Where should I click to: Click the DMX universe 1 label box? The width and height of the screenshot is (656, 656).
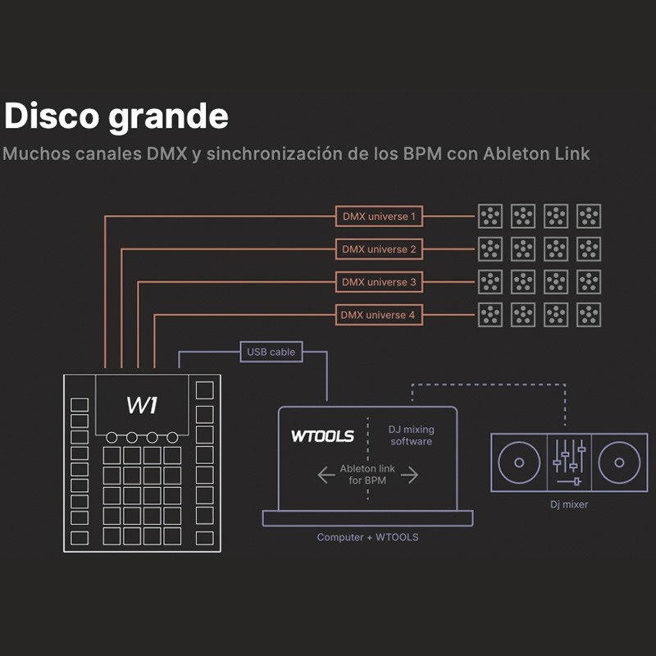pyautogui.click(x=379, y=216)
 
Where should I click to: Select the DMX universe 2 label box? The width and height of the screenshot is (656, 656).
pyautogui.click(x=379, y=248)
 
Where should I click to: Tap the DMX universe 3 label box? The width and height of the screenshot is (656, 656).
pyautogui.click(x=379, y=282)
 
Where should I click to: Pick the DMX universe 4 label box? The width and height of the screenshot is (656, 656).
pyautogui.click(x=379, y=314)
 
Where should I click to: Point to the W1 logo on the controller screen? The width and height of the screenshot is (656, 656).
pyautogui.click(x=142, y=404)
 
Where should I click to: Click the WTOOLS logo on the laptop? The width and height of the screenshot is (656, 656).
pyautogui.click(x=322, y=435)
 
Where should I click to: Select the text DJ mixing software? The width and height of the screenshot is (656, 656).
pyautogui.click(x=412, y=435)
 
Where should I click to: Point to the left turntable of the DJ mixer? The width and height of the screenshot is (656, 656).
pyautogui.click(x=518, y=463)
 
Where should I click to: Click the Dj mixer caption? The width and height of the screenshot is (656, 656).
pyautogui.click(x=568, y=505)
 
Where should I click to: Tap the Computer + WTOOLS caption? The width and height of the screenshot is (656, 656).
pyautogui.click(x=367, y=538)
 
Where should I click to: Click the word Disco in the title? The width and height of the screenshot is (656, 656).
pyautogui.click(x=51, y=116)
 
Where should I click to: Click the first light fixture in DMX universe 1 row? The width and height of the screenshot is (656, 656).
pyautogui.click(x=490, y=216)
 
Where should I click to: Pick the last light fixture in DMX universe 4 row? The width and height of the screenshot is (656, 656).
pyautogui.click(x=588, y=314)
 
